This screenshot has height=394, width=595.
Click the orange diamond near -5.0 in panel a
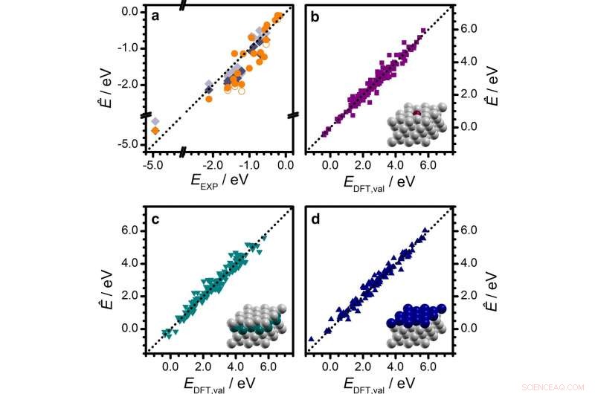tap(155, 131)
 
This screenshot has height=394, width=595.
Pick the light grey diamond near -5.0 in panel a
tap(155, 121)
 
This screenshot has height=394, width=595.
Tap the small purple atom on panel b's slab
tap(417, 113)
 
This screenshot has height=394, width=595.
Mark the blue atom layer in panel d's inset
tap(416, 316)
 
